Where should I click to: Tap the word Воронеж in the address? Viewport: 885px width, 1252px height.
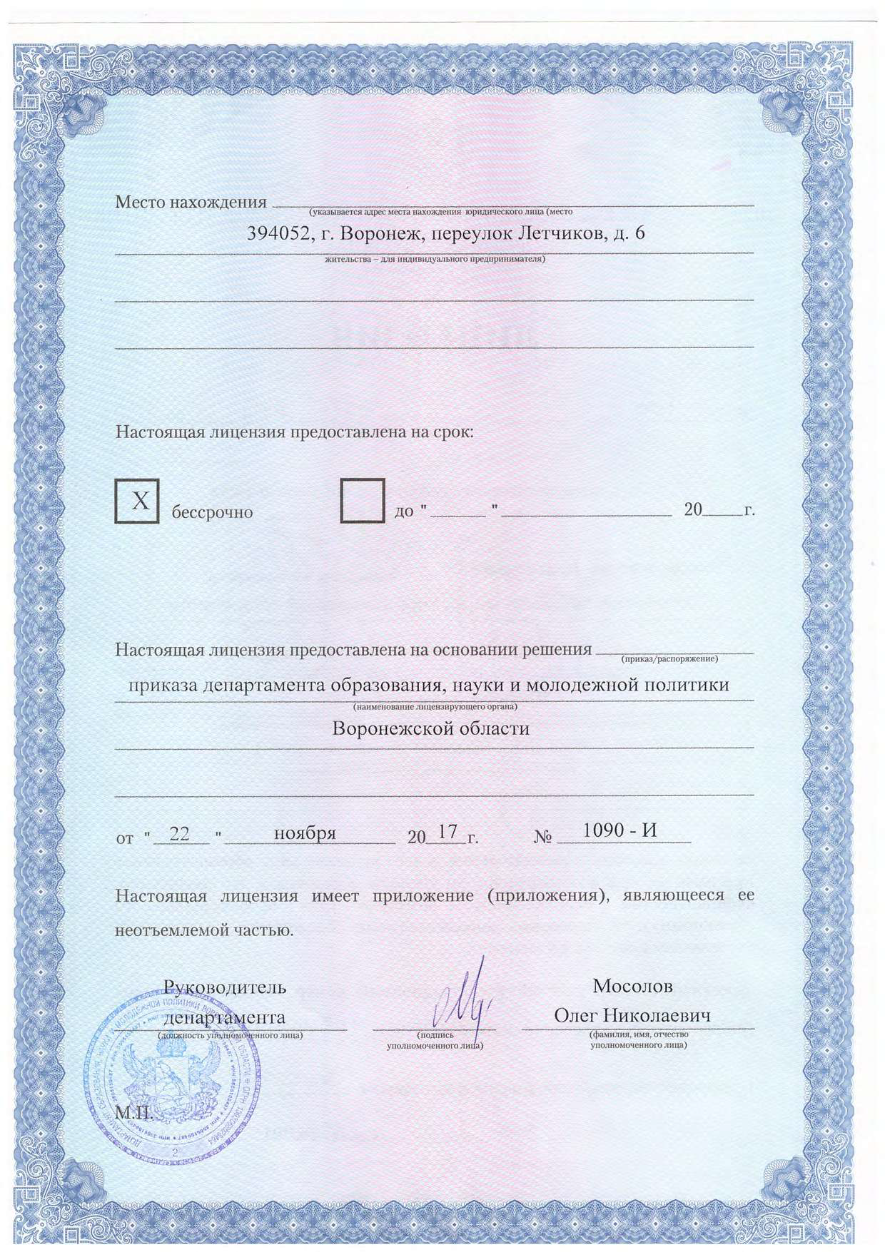[373, 233]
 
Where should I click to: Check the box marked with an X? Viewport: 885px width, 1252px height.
[137, 502]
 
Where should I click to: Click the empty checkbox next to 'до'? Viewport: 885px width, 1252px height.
[363, 502]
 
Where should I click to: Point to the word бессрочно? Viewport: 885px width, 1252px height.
[212, 512]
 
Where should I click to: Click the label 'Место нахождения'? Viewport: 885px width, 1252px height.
[191, 202]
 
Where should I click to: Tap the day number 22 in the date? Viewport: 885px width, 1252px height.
[179, 833]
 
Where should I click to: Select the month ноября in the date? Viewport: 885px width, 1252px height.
[305, 833]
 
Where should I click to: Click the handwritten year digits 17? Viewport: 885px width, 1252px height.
[447, 832]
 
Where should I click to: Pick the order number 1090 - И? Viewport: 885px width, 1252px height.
[619, 830]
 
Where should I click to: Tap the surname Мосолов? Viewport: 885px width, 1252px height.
[632, 986]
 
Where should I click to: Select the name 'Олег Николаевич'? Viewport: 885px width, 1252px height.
[632, 1015]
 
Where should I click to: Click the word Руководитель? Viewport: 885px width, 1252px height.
[225, 987]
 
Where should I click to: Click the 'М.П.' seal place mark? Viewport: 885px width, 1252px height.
[134, 1112]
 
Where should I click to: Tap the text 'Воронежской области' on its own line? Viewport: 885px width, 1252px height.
[431, 729]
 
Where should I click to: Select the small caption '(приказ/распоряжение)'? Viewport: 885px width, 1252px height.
[669, 658]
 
